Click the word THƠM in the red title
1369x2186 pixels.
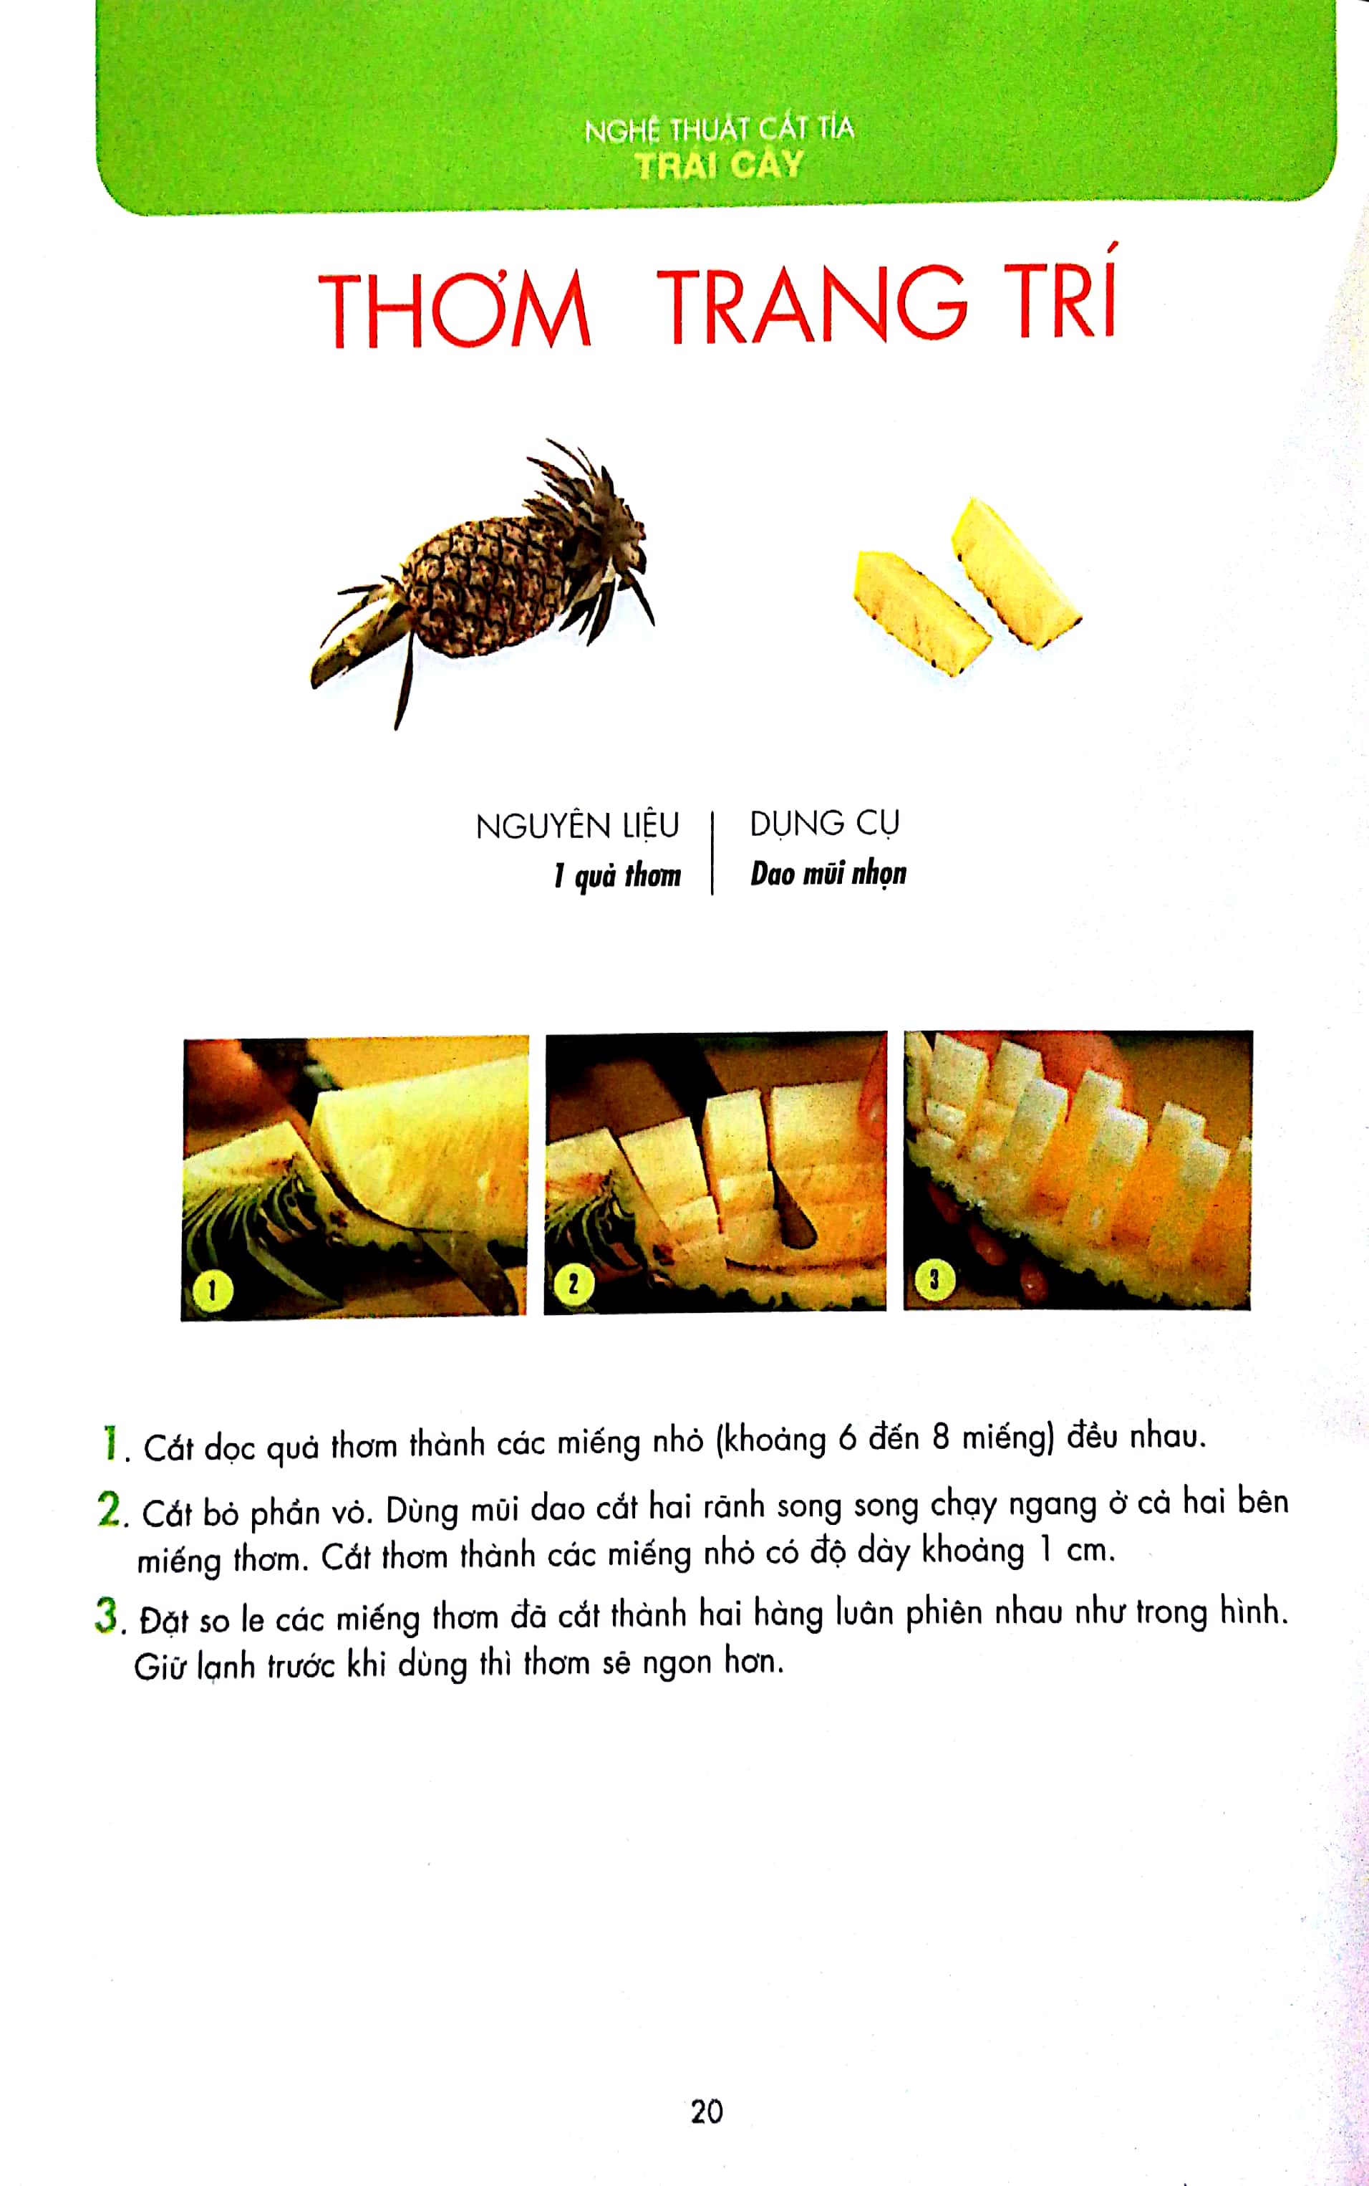(x=455, y=309)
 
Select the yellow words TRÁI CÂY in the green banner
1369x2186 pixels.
(x=719, y=165)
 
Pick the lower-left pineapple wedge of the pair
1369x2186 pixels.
(x=919, y=611)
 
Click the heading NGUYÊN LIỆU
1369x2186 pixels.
(x=577, y=826)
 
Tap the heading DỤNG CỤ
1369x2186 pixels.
(x=824, y=823)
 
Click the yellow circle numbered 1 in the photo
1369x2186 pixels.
(x=213, y=1289)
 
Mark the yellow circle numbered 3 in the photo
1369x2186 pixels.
(x=934, y=1279)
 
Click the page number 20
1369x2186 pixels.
(x=706, y=2111)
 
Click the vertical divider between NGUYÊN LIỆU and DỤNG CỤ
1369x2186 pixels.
(x=712, y=851)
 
